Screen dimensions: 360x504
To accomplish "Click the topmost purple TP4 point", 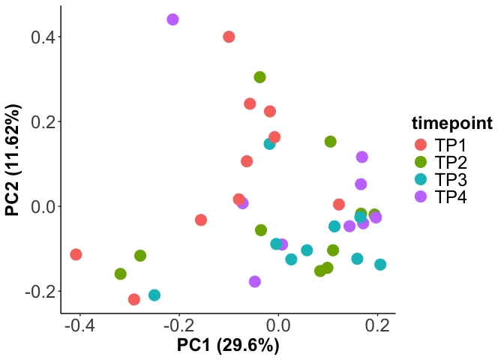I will [172, 19].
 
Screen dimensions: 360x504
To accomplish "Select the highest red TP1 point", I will [229, 37].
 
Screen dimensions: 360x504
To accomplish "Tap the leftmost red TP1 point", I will [76, 255].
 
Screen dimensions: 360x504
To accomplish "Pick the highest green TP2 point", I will [259, 77].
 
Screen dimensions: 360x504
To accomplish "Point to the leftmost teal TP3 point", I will [154, 295].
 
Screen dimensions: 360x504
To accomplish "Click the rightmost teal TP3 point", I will [380, 265].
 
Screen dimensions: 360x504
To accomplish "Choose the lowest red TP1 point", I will [134, 300].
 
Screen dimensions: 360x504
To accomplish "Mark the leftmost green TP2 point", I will [121, 274].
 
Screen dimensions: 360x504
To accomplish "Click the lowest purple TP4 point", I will [255, 282].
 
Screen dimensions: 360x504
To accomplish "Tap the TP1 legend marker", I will [420, 145].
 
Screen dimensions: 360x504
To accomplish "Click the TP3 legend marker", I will [420, 179].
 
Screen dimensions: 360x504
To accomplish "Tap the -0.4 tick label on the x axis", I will [79, 327].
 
